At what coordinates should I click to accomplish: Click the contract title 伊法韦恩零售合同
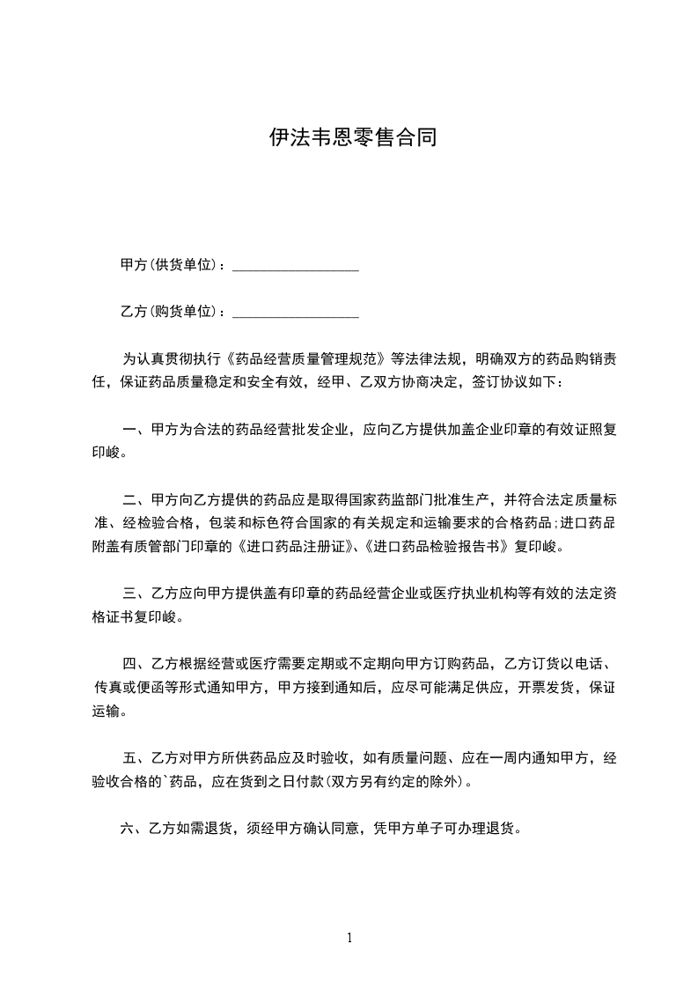pos(352,138)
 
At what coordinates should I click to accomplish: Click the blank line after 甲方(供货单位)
pos(295,264)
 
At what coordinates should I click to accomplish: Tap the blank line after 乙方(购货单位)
pos(295,312)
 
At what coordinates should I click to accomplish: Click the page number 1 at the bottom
pos(349,938)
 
